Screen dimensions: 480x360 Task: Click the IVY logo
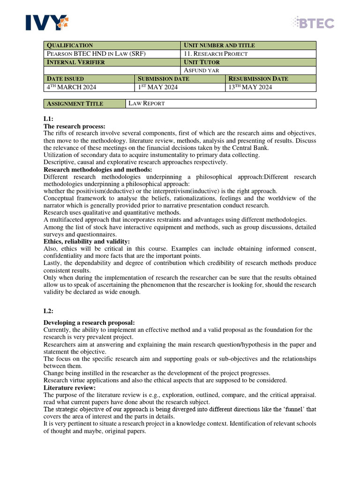45,22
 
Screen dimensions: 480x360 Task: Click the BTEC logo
313,22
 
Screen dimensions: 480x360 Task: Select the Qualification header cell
112,45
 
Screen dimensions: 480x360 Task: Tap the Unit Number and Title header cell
248,45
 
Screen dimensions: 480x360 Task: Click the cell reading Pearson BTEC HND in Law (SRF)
112,53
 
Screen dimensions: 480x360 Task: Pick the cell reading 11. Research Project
248,53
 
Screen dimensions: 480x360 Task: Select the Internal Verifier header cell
112,62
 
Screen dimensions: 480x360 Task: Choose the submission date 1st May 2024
180,87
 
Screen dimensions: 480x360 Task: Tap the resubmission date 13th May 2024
270,87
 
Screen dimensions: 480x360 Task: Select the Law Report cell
221,104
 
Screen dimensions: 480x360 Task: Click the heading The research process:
75,127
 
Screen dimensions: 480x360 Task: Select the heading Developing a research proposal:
89,322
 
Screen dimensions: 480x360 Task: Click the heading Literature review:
69,388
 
